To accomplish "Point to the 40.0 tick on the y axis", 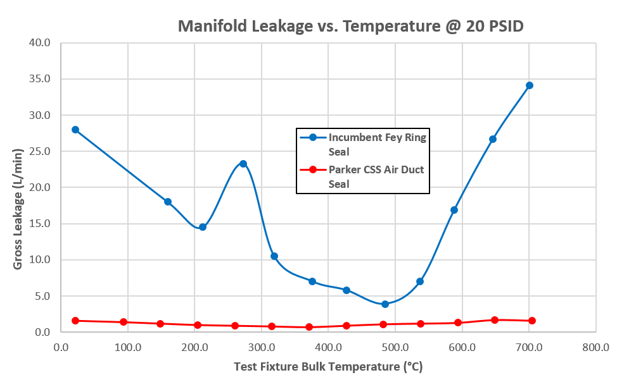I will pos(42,43).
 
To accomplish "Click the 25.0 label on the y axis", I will pos(42,152).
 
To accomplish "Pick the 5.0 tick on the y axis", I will pos(44,296).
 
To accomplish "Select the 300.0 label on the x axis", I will pos(194,347).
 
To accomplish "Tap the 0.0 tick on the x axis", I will pos(61,347).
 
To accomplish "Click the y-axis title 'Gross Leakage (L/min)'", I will pos(18,209).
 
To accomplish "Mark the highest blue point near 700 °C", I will pos(530,85).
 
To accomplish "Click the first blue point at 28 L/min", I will pos(75,130).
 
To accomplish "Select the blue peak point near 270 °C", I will pos(243,164).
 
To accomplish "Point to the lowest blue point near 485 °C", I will pos(385,304).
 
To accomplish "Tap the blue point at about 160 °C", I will pos(168,202).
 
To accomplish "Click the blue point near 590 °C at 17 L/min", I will pos(454,210).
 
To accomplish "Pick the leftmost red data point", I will pos(75,321).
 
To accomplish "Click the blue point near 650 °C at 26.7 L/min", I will pos(493,139).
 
